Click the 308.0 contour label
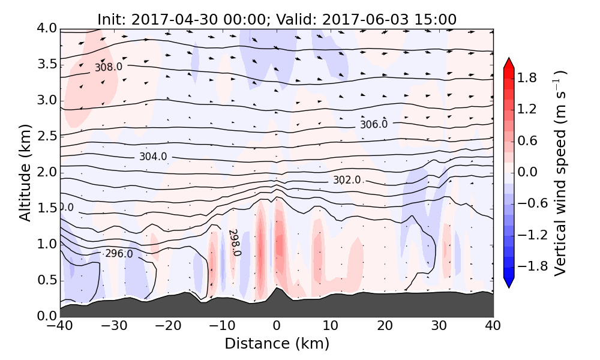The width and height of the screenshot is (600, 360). (109, 67)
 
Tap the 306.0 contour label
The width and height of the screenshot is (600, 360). (374, 124)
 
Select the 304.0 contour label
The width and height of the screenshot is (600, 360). (153, 157)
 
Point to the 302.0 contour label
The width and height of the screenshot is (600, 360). (347, 180)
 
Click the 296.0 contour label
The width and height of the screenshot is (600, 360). (119, 254)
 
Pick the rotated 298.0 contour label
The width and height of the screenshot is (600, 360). (234, 242)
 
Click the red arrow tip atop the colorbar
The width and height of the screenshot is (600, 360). (509, 62)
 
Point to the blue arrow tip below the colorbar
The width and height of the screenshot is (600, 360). (509, 283)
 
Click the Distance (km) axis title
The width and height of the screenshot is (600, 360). (277, 344)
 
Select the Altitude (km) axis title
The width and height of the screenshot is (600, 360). (25, 172)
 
